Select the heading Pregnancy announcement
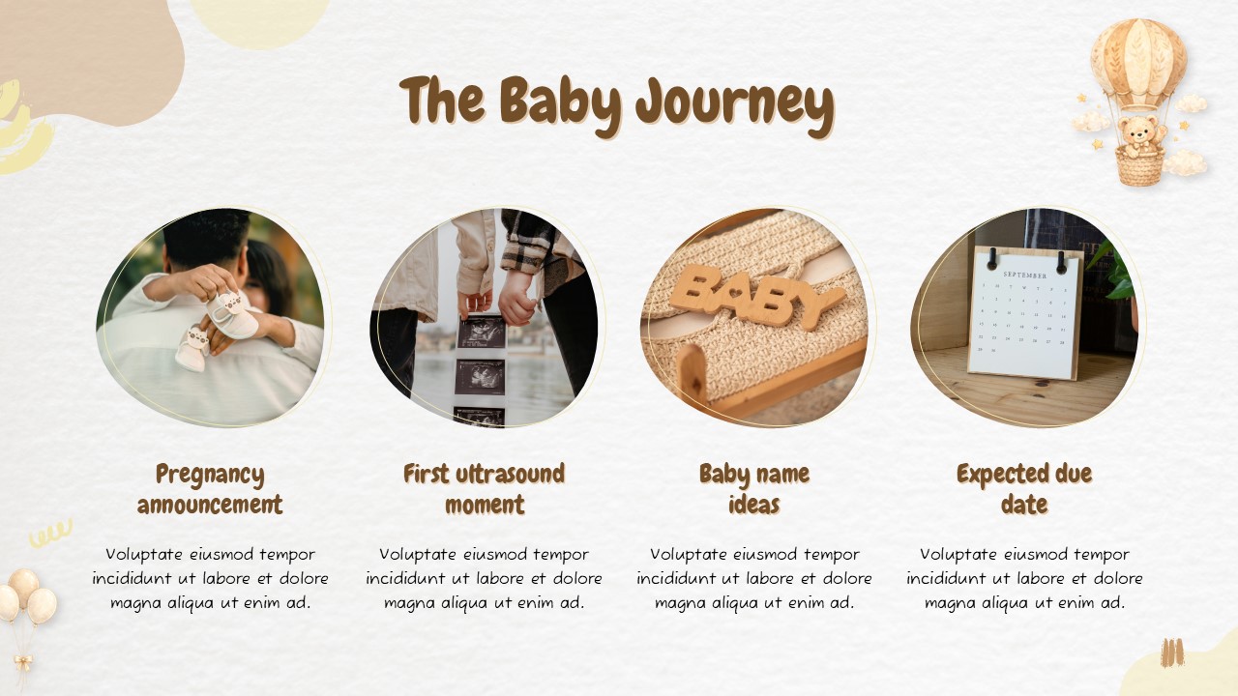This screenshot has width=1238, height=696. pos(210,489)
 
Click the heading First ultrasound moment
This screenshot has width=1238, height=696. pos(484,489)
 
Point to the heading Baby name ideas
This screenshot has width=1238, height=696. pos(753,489)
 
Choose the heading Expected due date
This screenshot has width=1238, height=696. pos(1024,489)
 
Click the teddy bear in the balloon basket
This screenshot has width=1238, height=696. pos(1139,132)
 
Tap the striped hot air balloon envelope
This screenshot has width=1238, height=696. pos(1137,60)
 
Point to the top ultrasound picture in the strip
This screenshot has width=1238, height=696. pos(481,332)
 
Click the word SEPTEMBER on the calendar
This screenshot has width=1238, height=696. pos(1024,275)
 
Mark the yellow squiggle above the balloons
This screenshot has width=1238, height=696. pos(50,533)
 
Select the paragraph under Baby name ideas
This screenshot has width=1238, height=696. pos(753,578)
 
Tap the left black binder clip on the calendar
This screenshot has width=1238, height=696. pos(993,257)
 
